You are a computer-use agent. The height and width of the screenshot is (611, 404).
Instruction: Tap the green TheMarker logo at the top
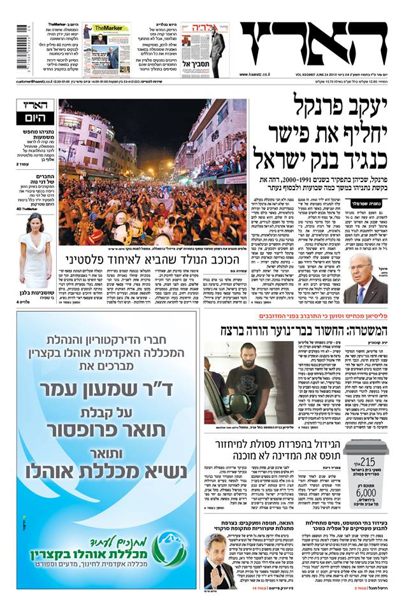103,29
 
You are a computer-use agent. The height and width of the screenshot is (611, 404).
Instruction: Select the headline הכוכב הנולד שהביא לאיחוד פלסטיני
152,260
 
